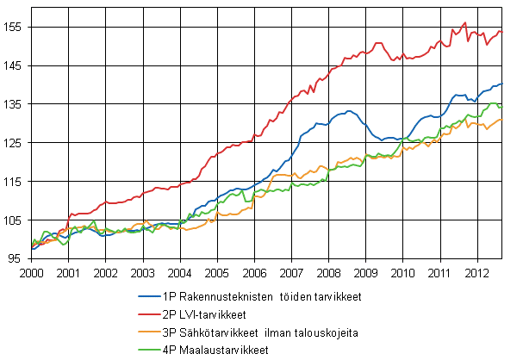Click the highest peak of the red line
click(x=465, y=22)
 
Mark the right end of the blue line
click(x=501, y=84)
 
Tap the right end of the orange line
click(x=501, y=119)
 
